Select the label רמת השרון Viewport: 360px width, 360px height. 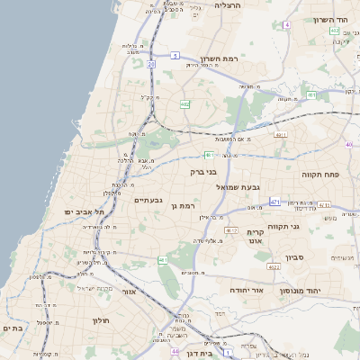245,58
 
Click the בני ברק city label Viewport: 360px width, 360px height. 204,171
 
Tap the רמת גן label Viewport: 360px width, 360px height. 185,206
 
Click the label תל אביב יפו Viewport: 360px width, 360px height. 85,211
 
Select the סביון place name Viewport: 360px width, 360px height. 296,257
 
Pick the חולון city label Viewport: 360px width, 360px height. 100,320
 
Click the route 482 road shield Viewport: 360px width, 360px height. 184,104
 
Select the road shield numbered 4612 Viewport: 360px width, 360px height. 231,230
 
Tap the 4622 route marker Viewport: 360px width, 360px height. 273,266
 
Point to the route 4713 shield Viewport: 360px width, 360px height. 280,135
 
